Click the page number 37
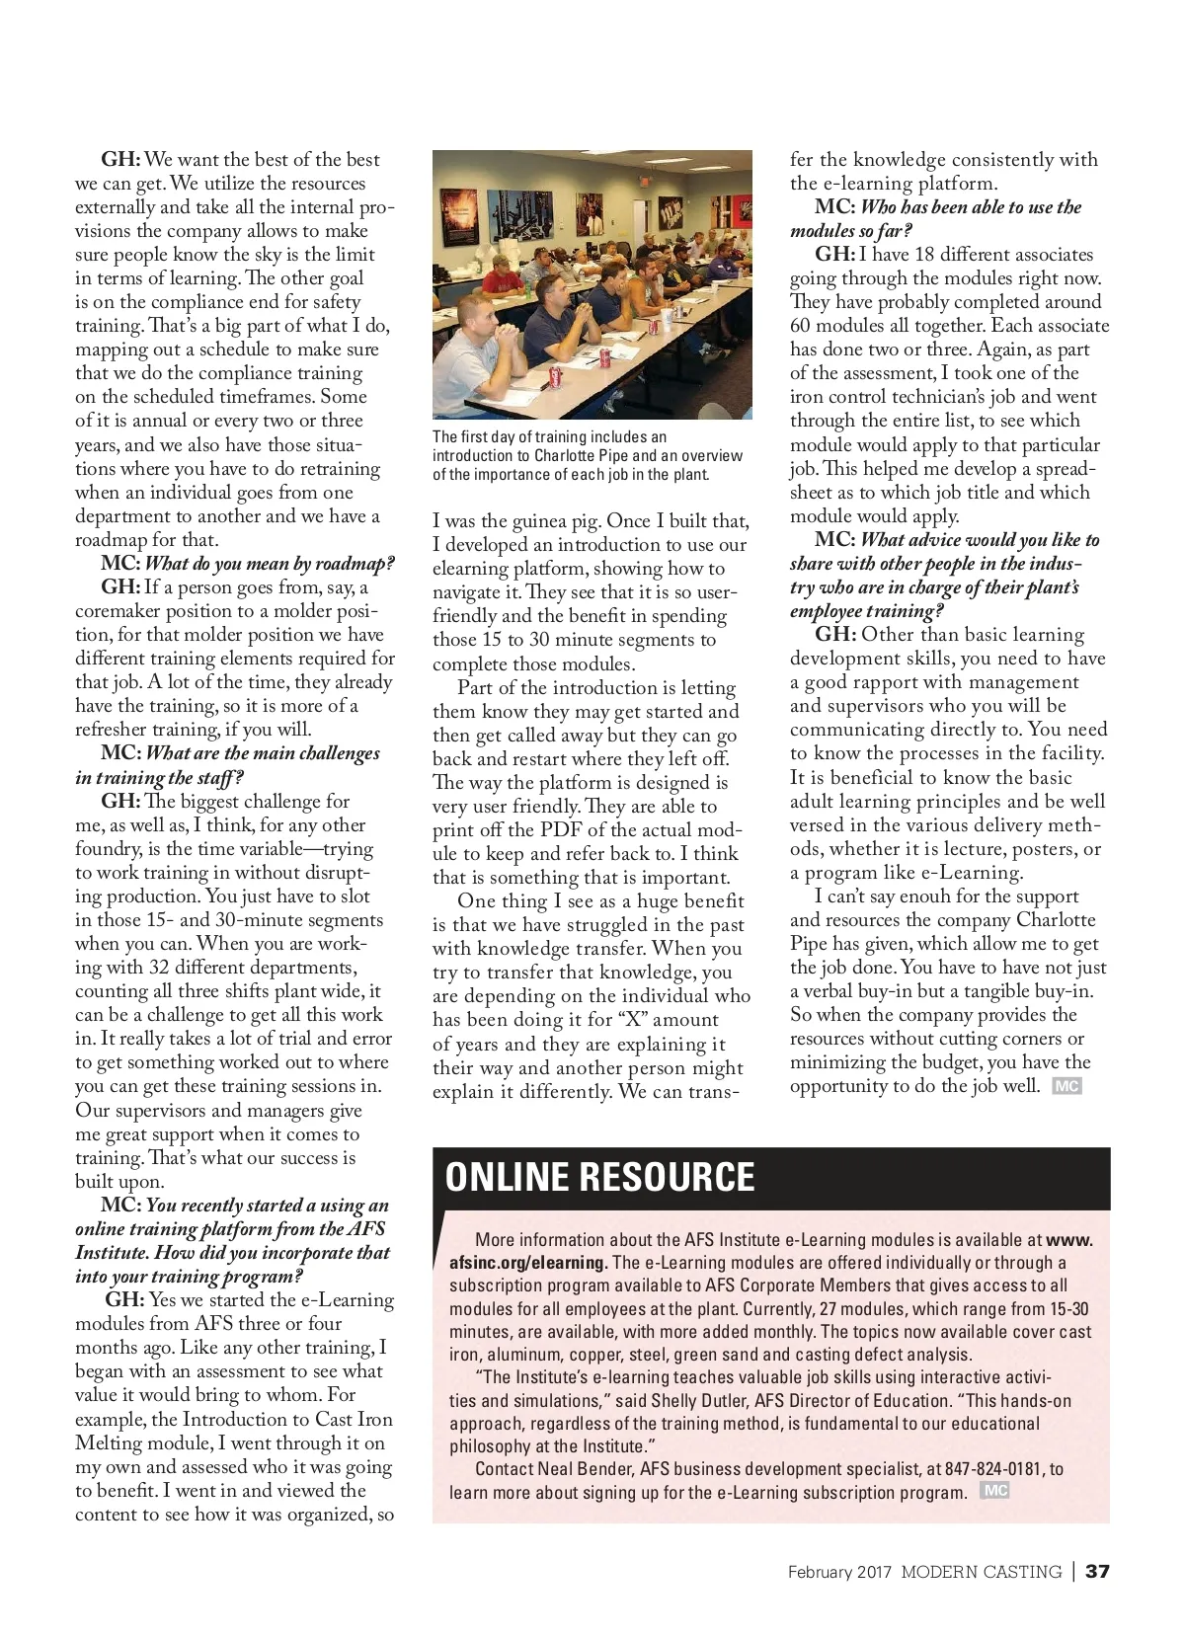[x=1097, y=1572]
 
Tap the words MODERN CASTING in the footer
[x=981, y=1572]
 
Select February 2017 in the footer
[x=839, y=1572]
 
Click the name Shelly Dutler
[x=700, y=1400]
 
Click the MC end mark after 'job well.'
[x=1066, y=1086]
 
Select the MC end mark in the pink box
[x=994, y=1491]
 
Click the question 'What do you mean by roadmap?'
[x=270, y=564]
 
